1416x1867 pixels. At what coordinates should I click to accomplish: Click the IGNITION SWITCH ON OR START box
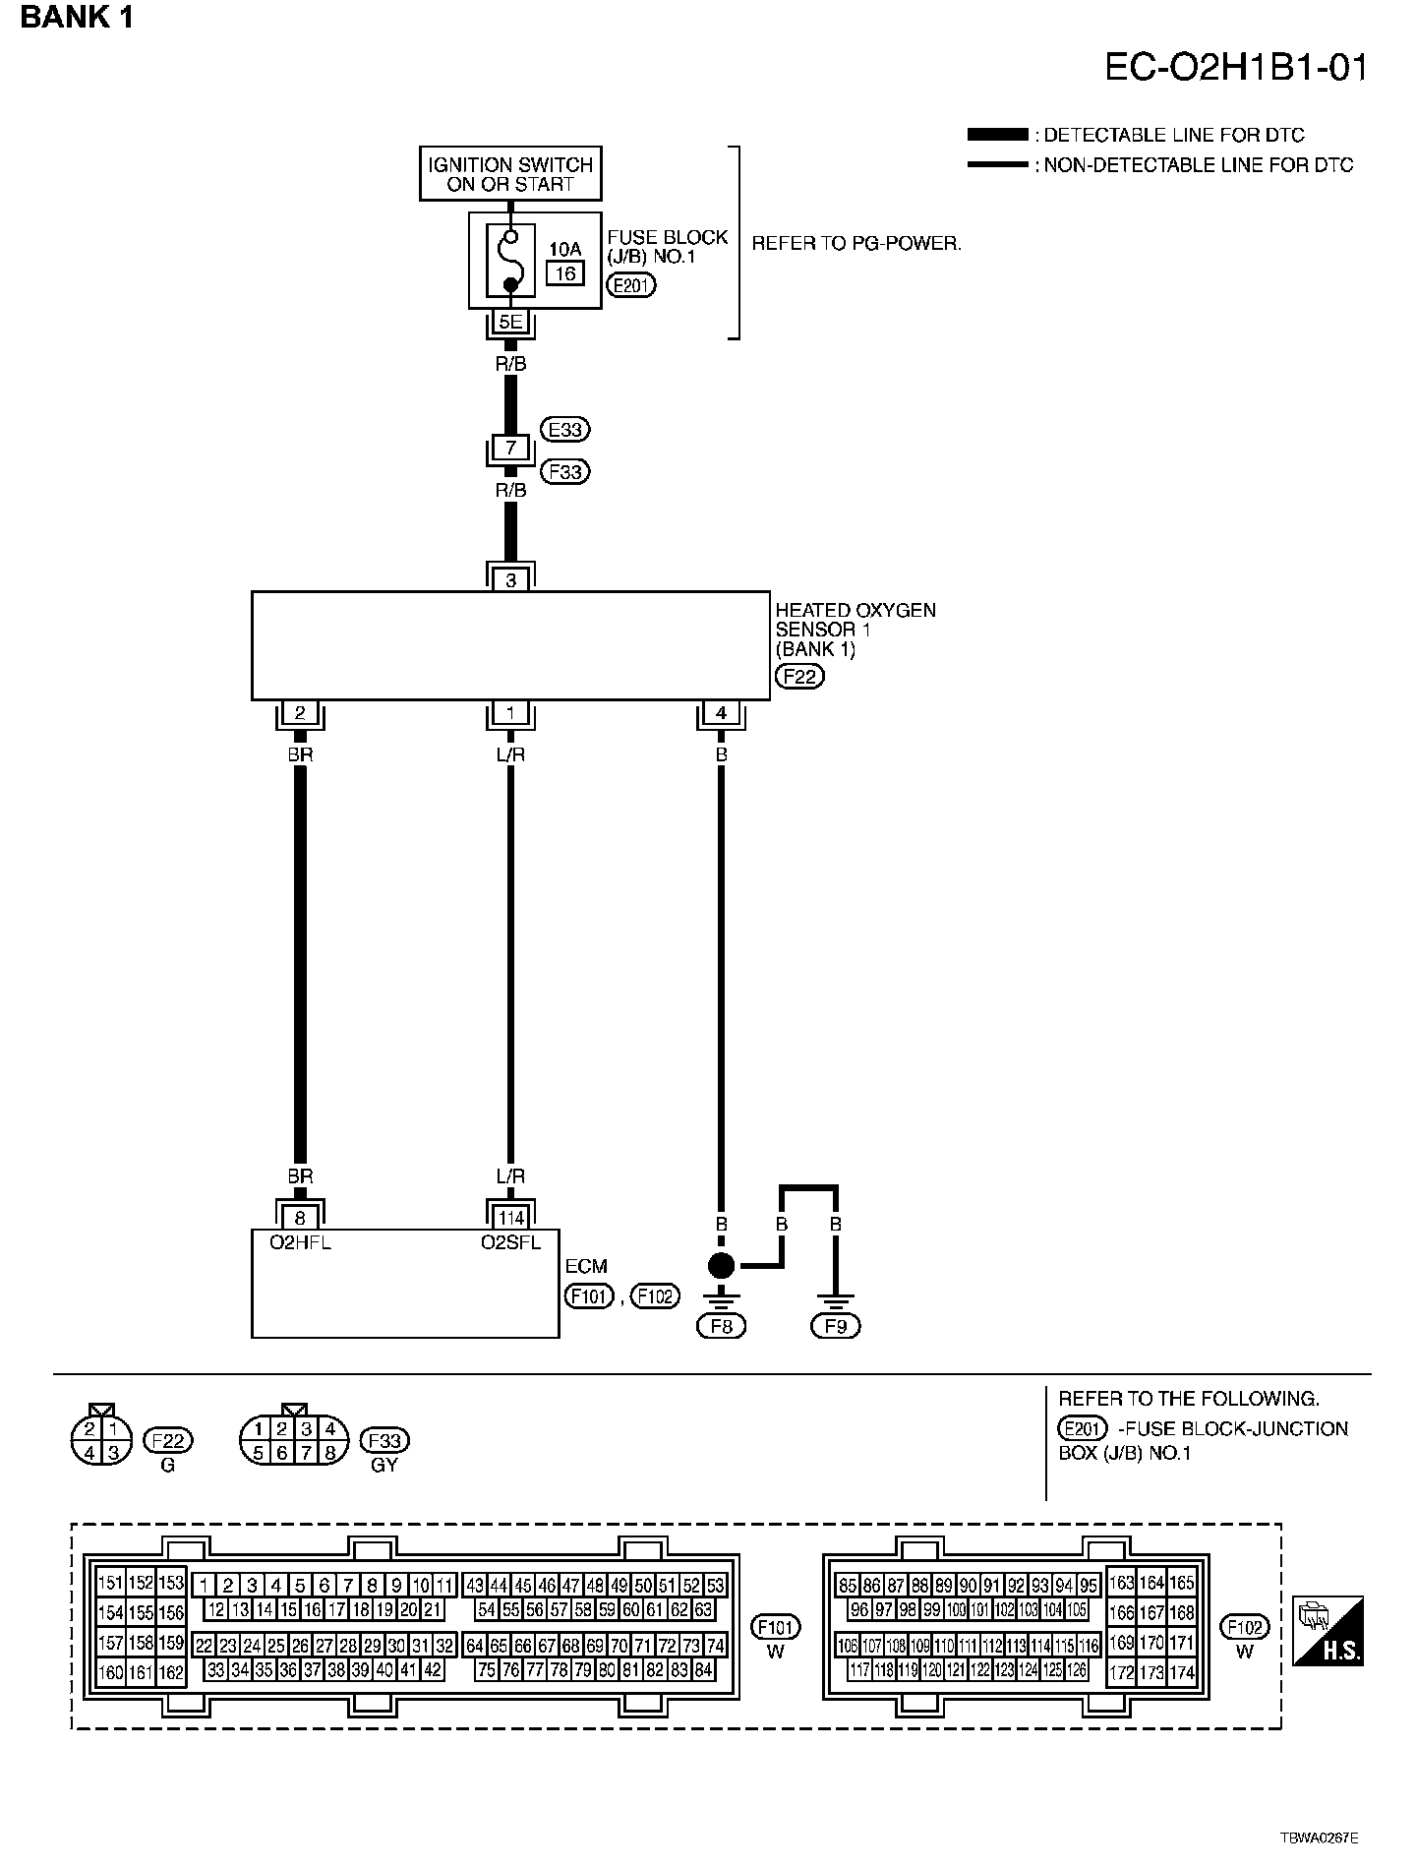pos(510,174)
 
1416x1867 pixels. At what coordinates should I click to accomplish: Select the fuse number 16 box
pos(565,273)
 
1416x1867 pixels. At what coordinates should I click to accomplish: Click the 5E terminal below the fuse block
pos(510,322)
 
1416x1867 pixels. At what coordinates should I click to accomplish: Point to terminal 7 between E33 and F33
pos(510,449)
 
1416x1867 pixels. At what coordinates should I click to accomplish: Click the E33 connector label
pos(565,430)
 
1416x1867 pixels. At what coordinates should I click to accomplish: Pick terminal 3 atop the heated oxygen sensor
pos(510,580)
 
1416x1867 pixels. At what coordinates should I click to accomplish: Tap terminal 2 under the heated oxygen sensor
pos(300,713)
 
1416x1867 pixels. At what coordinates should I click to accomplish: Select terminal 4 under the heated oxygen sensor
pos(721,713)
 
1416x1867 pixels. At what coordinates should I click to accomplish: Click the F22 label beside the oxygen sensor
pos(799,677)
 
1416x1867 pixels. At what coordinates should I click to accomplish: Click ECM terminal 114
pos(510,1218)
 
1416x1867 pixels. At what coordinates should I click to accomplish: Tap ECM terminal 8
pos(300,1218)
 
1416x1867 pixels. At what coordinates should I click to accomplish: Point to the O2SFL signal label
pos(510,1242)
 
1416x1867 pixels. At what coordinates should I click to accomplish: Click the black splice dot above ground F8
pos(721,1266)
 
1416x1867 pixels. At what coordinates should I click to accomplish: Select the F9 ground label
pos(835,1326)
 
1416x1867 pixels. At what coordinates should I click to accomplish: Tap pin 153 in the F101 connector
pos(171,1583)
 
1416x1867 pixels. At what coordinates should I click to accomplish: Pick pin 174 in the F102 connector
pos(1181,1671)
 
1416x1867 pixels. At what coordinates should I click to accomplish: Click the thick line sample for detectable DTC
pos(996,135)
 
